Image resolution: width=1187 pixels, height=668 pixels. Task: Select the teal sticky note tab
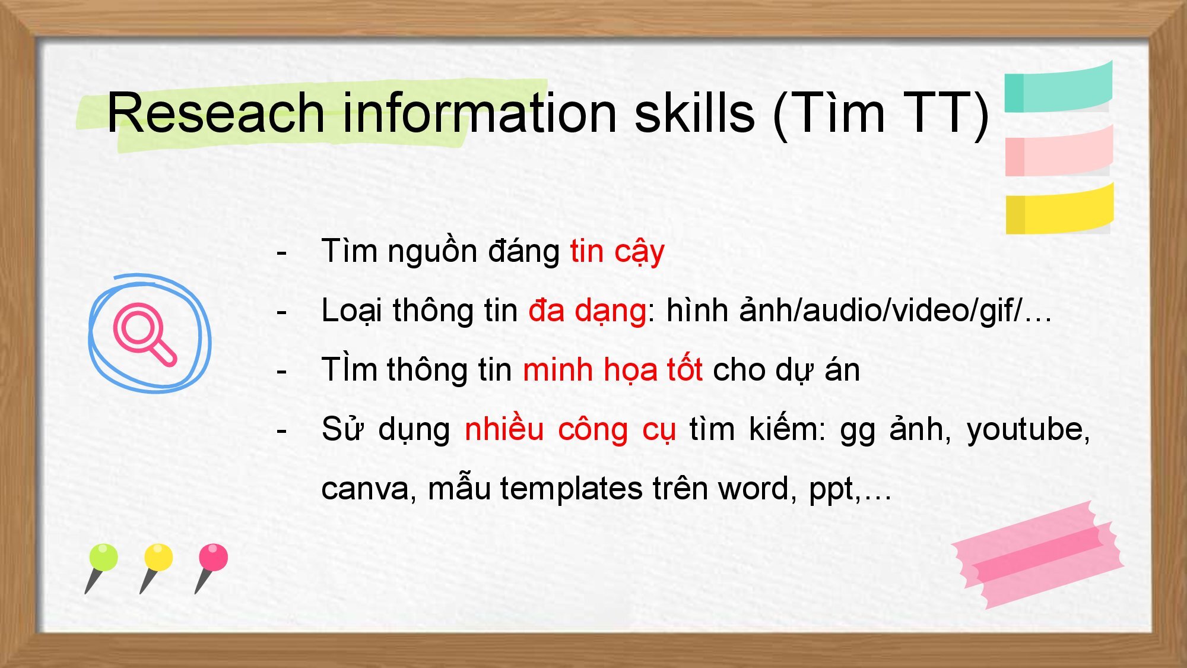click(1058, 87)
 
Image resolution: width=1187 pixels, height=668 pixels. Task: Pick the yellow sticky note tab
click(1059, 208)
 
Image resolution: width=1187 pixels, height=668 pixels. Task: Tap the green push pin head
click(103, 558)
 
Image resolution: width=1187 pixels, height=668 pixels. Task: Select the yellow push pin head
click(158, 558)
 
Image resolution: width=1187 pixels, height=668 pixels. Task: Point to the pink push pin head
click(213, 558)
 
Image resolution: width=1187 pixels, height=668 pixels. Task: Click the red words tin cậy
click(617, 251)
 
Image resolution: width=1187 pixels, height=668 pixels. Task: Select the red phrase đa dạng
click(587, 311)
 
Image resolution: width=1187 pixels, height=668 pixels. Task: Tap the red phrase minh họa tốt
click(612, 370)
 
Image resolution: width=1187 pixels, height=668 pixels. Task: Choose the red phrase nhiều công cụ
click(570, 429)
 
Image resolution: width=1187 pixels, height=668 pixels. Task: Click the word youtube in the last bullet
click(1029, 429)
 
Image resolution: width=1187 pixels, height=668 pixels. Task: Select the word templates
click(572, 489)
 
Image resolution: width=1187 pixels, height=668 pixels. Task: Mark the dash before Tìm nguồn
click(281, 252)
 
